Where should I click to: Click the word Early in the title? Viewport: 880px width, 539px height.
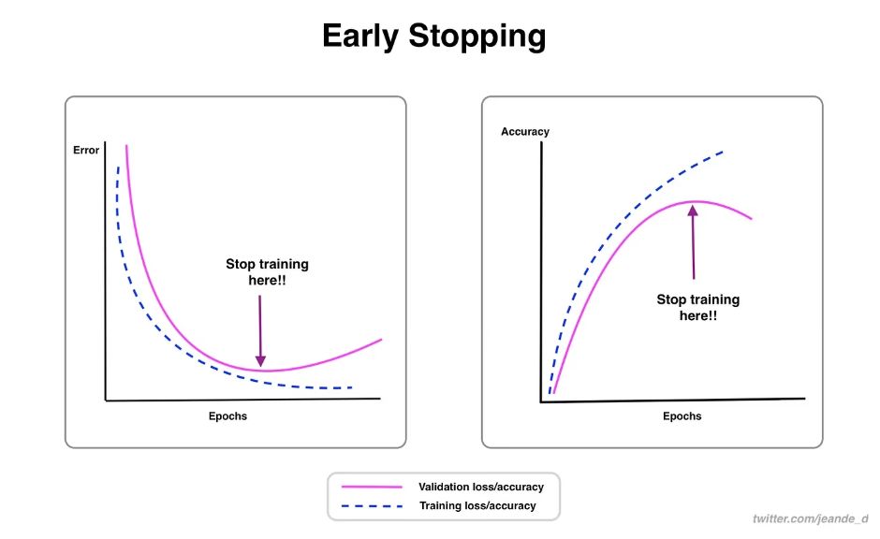[364, 36]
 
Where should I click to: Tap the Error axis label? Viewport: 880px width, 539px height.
[86, 150]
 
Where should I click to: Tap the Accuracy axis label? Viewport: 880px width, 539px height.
[525, 132]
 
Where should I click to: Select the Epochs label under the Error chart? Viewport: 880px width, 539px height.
[227, 415]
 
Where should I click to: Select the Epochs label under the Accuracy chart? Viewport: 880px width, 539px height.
[682, 415]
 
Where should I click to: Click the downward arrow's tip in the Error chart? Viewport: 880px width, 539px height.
[261, 366]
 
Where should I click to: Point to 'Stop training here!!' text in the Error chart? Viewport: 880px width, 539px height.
[267, 271]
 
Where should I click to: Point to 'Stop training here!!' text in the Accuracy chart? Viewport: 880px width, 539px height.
[697, 307]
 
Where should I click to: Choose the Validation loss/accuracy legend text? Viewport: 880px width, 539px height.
[482, 487]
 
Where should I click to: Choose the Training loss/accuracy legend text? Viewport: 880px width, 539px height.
[478, 505]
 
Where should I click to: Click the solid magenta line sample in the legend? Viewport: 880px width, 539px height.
[372, 487]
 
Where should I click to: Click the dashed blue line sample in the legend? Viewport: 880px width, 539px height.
[372, 505]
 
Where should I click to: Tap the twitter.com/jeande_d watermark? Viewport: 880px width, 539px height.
[811, 518]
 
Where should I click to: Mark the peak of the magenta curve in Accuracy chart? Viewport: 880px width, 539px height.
[695, 201]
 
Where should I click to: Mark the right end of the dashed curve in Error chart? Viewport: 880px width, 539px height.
[352, 387]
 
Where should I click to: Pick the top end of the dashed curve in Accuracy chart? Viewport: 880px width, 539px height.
[724, 151]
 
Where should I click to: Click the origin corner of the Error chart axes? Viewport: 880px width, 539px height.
[106, 401]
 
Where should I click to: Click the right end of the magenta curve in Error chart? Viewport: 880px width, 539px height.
[382, 339]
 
